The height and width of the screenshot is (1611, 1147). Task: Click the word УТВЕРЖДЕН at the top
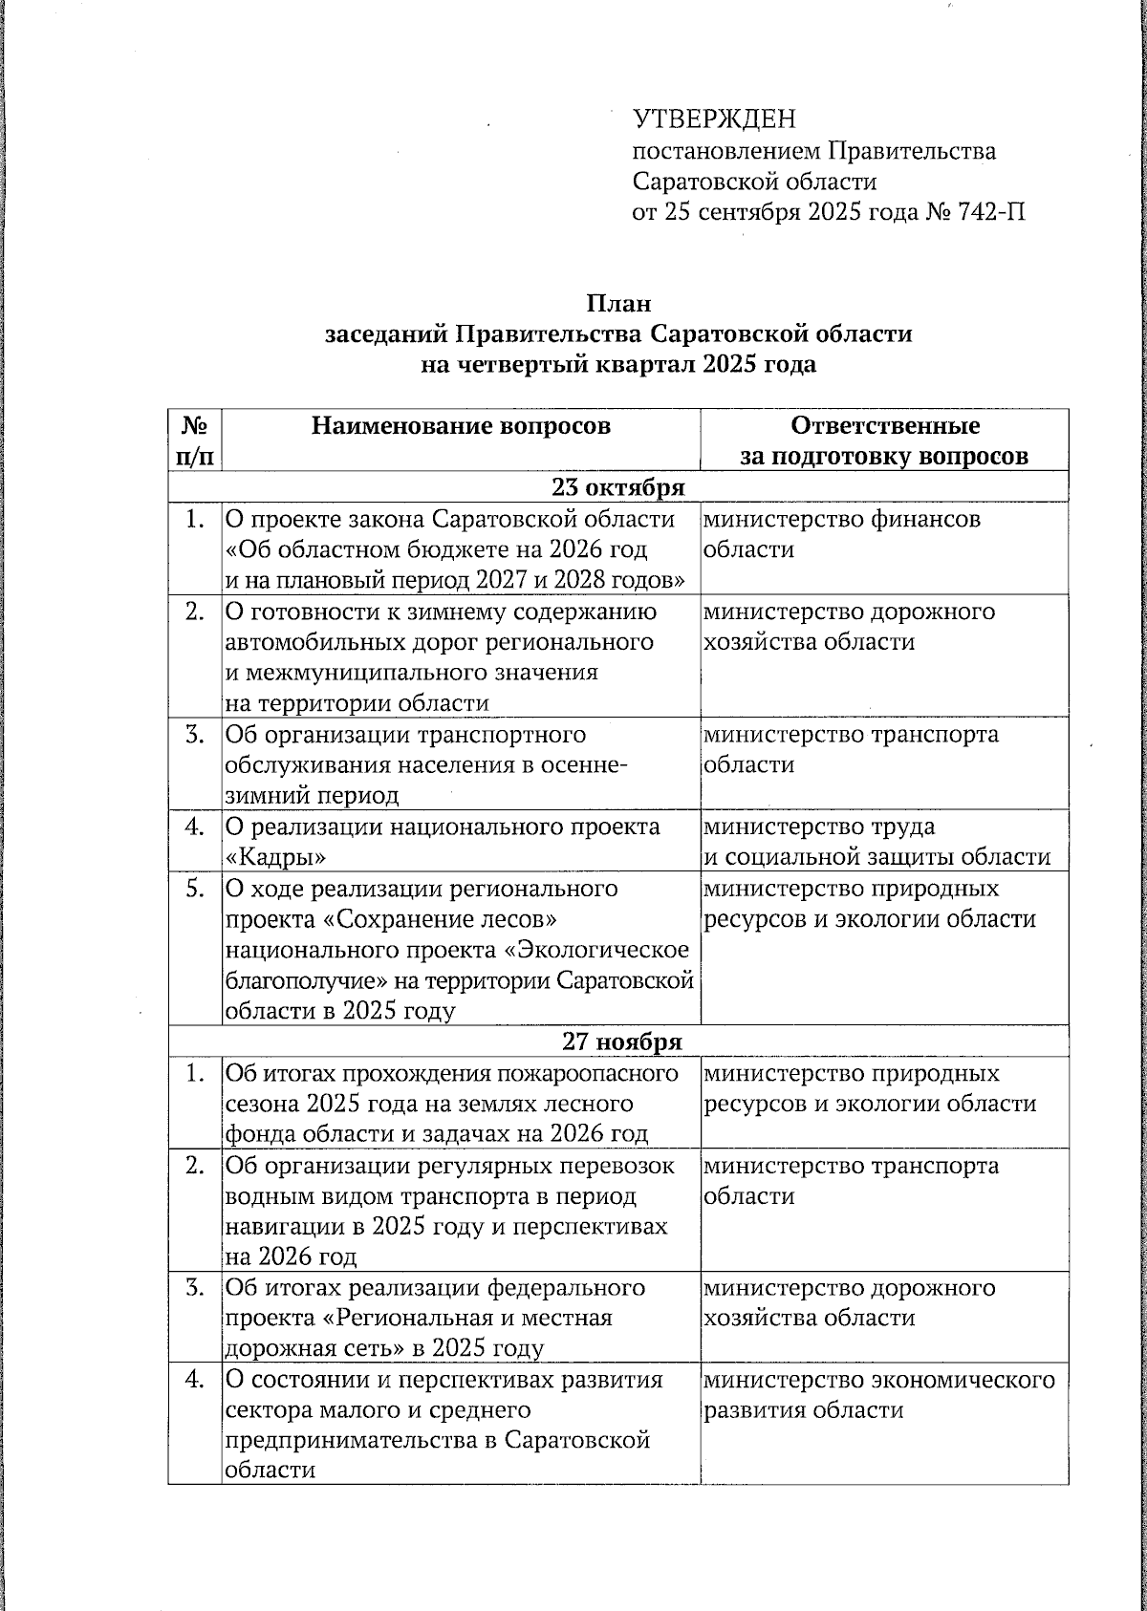point(713,119)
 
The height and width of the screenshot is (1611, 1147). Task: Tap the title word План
point(617,303)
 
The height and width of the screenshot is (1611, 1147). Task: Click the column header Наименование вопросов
point(460,425)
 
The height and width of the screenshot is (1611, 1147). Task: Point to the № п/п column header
point(194,440)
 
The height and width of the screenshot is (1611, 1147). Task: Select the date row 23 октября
point(617,487)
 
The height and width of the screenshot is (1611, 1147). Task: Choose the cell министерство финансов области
point(841,534)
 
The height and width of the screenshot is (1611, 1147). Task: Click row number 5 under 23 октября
point(194,889)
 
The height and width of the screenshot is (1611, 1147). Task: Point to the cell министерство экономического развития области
point(878,1395)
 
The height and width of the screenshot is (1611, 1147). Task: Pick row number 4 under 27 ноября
point(194,1381)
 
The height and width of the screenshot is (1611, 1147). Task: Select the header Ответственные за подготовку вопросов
point(884,440)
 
